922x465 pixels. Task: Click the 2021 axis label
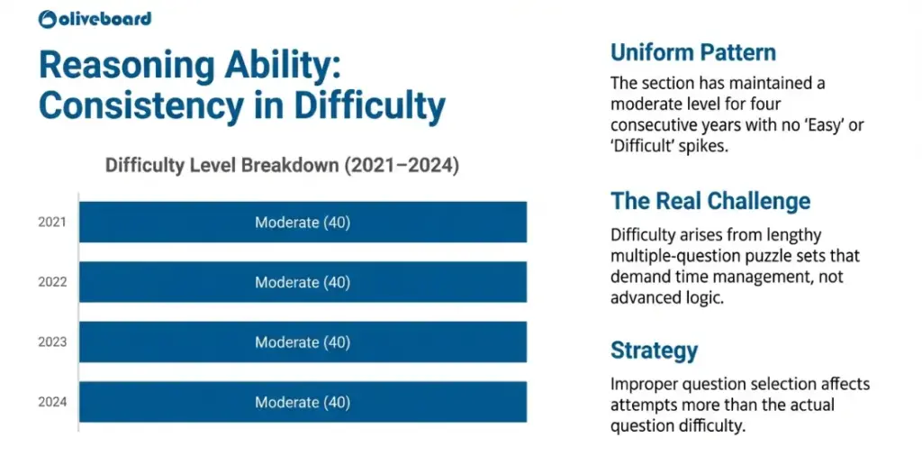(52, 222)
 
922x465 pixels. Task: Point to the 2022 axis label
(52, 282)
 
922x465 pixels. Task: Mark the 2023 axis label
(52, 342)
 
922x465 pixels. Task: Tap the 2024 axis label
(52, 403)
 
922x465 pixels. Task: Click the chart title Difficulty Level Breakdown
(282, 166)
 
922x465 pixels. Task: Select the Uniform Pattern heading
(692, 52)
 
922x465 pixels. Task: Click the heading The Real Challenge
(710, 200)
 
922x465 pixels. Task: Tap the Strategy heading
(654, 350)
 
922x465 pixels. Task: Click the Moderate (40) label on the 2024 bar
(303, 402)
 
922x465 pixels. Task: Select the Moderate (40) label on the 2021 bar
(303, 222)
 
